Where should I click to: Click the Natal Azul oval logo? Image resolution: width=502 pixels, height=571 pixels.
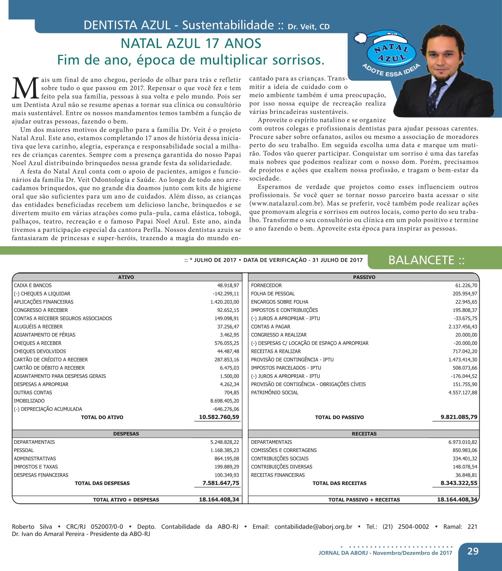(x=391, y=53)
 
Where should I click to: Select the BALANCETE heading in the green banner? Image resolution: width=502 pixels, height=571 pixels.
(x=426, y=260)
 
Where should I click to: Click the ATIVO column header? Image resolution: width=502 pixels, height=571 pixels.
(x=126, y=277)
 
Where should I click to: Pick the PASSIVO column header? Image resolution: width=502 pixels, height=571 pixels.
(x=364, y=277)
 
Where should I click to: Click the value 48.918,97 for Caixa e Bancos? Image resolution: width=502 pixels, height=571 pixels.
(x=228, y=285)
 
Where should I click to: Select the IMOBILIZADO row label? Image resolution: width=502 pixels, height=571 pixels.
(x=29, y=401)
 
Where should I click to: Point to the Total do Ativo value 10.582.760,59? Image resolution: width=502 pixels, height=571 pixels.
(x=219, y=417)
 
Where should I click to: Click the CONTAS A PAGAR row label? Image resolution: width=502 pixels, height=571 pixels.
(x=270, y=326)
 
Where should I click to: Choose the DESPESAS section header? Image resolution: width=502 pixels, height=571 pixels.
(x=126, y=434)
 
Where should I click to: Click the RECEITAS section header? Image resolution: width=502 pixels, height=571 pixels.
(x=364, y=434)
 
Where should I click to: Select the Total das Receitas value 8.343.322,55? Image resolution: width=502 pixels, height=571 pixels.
(x=459, y=483)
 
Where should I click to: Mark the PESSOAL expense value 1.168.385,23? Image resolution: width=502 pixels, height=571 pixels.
(x=224, y=450)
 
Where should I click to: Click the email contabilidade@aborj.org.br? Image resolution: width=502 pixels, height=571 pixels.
(x=313, y=526)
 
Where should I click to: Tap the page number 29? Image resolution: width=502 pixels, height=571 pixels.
(x=473, y=551)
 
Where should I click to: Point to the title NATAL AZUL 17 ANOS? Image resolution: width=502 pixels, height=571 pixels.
(x=191, y=43)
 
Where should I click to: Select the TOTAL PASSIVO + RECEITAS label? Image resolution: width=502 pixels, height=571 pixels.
(x=364, y=500)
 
